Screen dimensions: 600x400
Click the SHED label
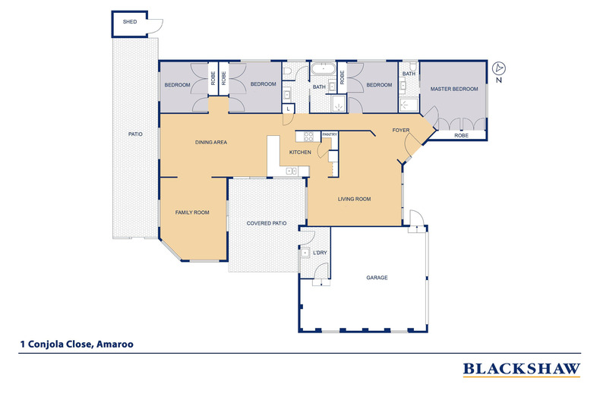point(130,22)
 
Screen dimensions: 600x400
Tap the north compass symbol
point(498,68)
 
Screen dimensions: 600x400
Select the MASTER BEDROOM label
point(454,89)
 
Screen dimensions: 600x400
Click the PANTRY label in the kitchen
point(330,134)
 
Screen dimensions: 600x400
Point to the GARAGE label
point(377,278)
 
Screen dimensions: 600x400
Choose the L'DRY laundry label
point(320,253)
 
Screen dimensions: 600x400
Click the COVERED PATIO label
point(267,223)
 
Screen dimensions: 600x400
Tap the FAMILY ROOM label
point(192,213)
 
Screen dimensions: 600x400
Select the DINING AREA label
point(211,142)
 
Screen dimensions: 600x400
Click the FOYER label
point(401,131)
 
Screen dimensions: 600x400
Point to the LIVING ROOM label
point(354,199)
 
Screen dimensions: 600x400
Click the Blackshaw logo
point(522,370)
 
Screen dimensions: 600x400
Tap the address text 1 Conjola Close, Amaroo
point(77,344)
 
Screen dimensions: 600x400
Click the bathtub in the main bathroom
point(323,70)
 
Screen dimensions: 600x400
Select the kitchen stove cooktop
point(308,137)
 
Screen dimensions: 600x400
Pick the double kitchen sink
point(292,171)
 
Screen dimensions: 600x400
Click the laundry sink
point(305,254)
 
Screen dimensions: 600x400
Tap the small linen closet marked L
point(288,109)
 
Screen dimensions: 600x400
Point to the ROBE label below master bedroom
point(461,135)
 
